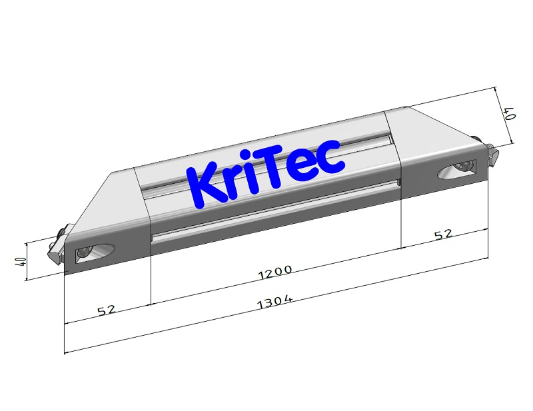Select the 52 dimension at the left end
click(106, 310)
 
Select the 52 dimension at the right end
click(443, 234)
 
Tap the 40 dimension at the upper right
click(510, 113)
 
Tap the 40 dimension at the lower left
click(20, 261)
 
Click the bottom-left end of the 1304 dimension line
click(65, 352)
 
